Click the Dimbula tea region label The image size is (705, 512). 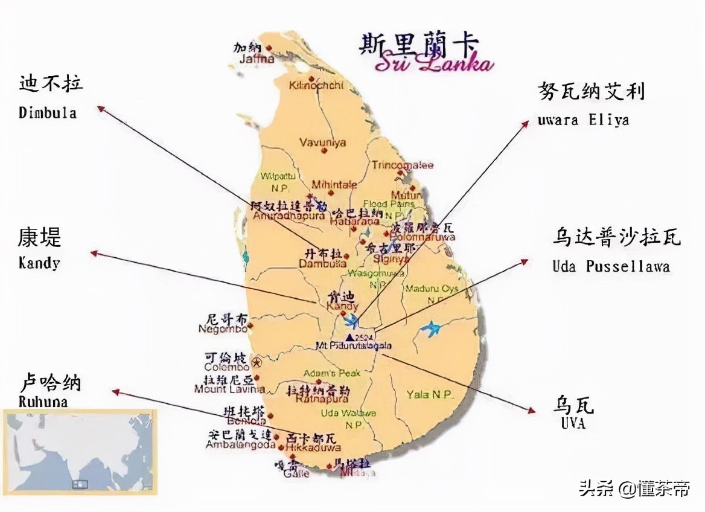click(48, 113)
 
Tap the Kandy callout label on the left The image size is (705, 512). click(39, 263)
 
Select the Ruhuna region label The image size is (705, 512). click(43, 402)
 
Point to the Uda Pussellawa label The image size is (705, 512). click(611, 266)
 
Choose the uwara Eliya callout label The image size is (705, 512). click(583, 120)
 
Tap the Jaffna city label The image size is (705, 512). click(257, 59)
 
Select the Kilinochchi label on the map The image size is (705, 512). click(316, 85)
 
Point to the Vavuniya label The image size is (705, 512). click(323, 142)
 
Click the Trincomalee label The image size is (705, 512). click(403, 165)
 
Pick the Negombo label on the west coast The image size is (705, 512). click(222, 329)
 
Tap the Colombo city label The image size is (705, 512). click(226, 367)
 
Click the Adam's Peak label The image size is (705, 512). click(332, 373)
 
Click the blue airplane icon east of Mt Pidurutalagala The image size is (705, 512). click(431, 328)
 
